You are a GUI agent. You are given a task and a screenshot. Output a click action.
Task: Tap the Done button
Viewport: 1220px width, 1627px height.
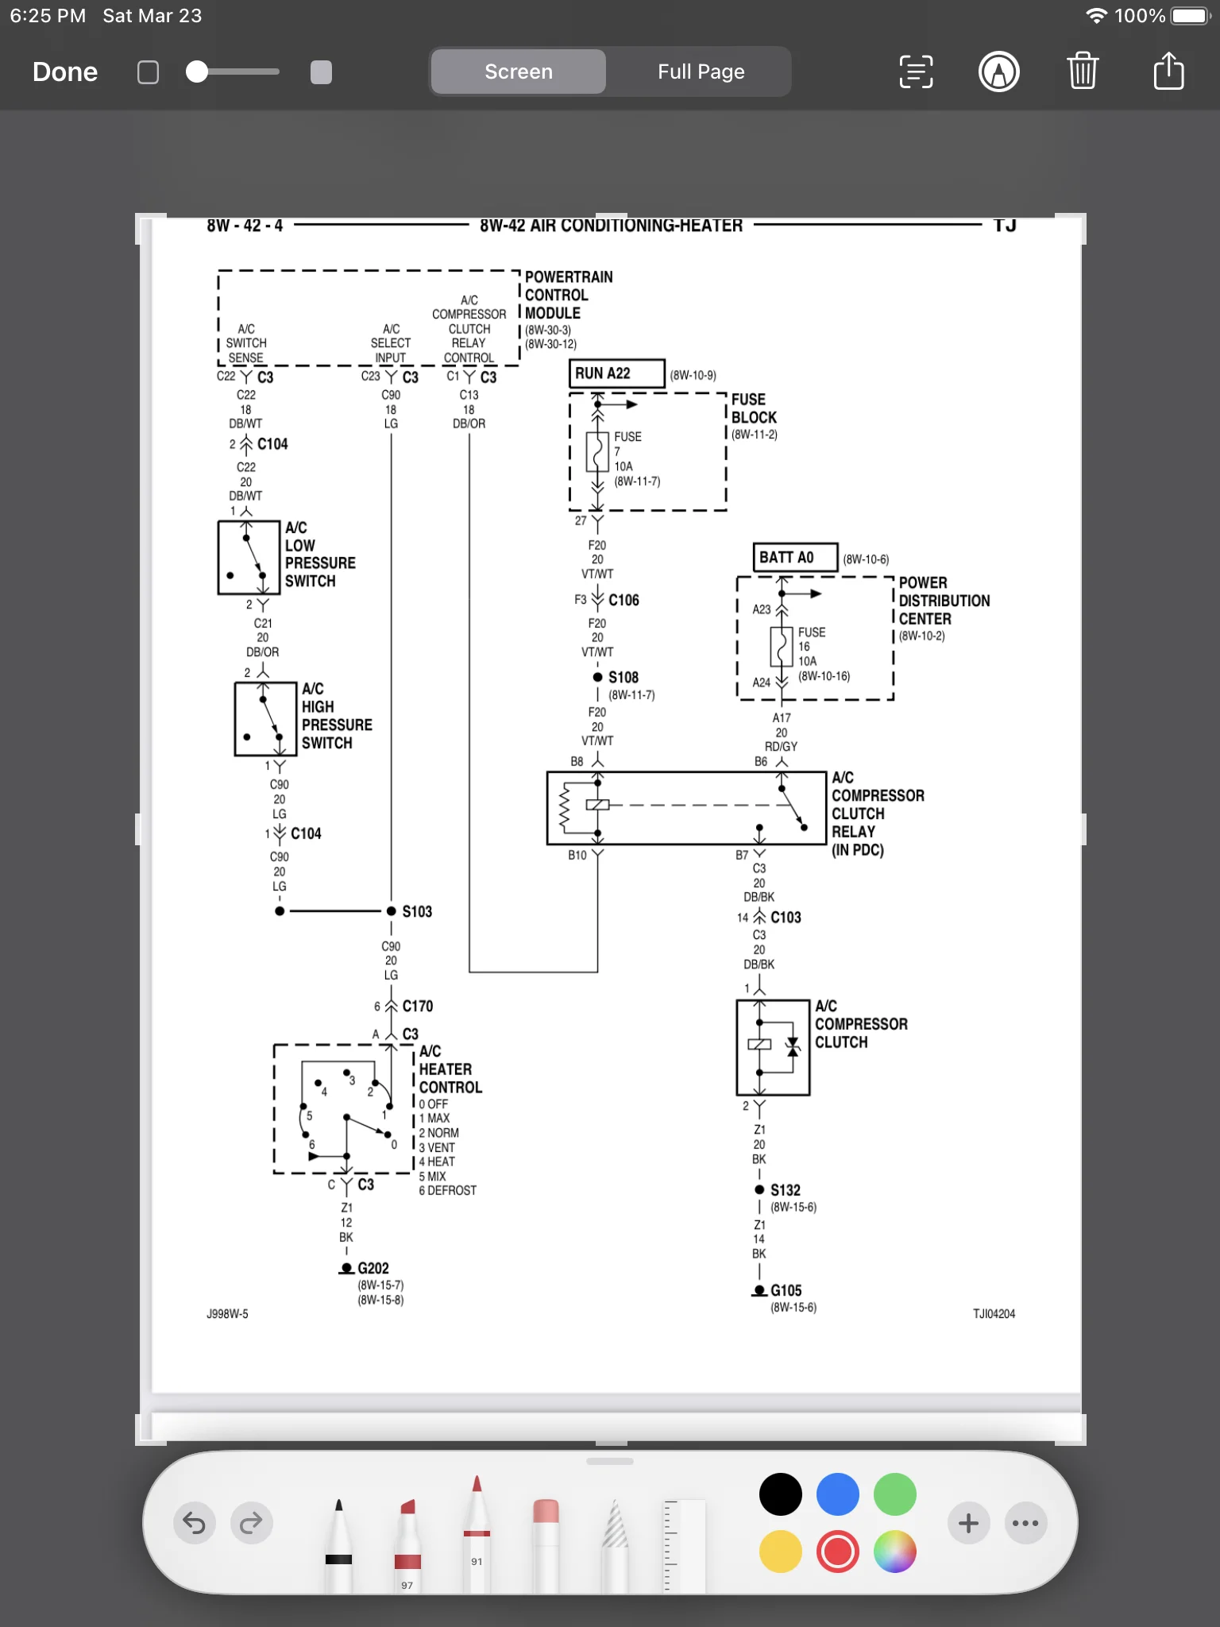65,72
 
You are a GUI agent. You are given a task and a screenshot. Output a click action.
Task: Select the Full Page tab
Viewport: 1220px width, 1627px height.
701,71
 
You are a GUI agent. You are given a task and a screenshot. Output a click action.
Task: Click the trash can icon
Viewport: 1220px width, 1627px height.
1083,71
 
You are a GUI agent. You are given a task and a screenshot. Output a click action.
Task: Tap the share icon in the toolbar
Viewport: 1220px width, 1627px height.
1168,71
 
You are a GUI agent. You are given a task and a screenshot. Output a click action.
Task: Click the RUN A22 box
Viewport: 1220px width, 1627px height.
617,373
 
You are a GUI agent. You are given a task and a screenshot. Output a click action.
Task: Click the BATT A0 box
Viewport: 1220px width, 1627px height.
795,557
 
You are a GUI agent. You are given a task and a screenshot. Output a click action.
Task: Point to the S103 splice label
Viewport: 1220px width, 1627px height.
417,911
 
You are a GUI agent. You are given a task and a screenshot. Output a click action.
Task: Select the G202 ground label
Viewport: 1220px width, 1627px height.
373,1269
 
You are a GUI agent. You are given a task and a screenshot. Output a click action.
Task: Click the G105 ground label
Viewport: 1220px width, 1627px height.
786,1291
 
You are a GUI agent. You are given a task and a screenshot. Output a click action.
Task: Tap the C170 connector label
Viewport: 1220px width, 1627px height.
418,1007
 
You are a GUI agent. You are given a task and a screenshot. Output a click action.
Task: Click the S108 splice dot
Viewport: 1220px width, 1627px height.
597,678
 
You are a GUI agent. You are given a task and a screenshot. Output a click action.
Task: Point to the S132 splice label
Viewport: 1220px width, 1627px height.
786,1190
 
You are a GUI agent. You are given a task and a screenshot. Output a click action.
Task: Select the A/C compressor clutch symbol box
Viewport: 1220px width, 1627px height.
773,1048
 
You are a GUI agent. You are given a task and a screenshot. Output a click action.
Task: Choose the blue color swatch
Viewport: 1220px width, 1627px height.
838,1494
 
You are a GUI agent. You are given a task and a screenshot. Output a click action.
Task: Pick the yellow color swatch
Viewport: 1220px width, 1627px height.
781,1552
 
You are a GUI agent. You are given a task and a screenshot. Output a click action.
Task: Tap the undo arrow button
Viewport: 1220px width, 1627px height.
194,1523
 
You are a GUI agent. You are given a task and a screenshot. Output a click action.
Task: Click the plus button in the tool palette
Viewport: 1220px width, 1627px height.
968,1523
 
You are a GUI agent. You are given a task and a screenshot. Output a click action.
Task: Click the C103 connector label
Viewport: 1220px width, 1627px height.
786,918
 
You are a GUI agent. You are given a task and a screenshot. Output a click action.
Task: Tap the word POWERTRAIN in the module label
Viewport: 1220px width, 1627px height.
569,277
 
